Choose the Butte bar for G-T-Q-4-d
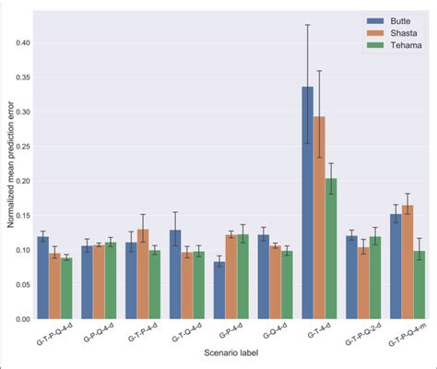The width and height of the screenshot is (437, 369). click(175, 274)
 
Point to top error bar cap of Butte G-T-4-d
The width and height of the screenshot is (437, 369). click(307, 25)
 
